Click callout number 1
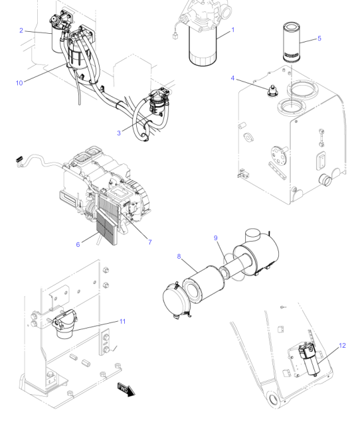coord(232,30)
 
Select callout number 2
coord(21,30)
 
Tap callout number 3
coord(119,133)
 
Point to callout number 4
coord(232,78)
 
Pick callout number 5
coord(319,38)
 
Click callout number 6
coord(78,244)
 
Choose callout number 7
coord(150,242)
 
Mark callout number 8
coord(179,257)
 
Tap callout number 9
coord(216,238)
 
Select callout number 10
coord(19,83)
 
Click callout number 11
coord(122,321)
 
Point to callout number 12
coord(342,346)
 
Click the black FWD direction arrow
coord(126,389)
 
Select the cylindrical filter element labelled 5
coord(292,42)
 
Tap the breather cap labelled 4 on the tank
coord(273,91)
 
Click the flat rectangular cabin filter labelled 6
coord(107,227)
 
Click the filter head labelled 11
coord(65,324)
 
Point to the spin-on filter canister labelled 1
coord(203,46)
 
